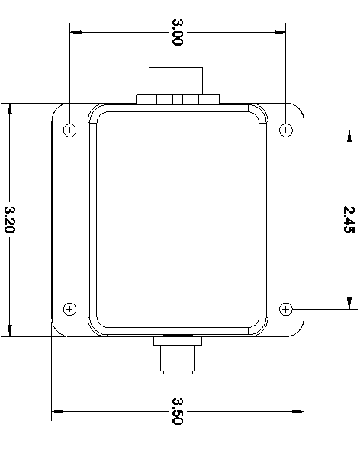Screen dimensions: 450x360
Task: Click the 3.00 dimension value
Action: [x=177, y=33]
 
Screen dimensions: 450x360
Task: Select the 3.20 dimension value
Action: [x=10, y=220]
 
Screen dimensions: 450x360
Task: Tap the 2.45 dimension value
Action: [x=349, y=219]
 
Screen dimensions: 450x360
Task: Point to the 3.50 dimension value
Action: [x=177, y=411]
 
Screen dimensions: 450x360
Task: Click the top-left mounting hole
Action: [x=69, y=130]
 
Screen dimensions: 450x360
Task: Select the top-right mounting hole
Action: [x=286, y=130]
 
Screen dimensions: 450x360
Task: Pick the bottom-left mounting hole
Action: [x=69, y=309]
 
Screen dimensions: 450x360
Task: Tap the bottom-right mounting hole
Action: [x=286, y=309]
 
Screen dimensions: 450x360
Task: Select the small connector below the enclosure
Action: [x=177, y=355]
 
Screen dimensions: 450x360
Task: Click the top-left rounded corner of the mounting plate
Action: [x=56, y=108]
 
